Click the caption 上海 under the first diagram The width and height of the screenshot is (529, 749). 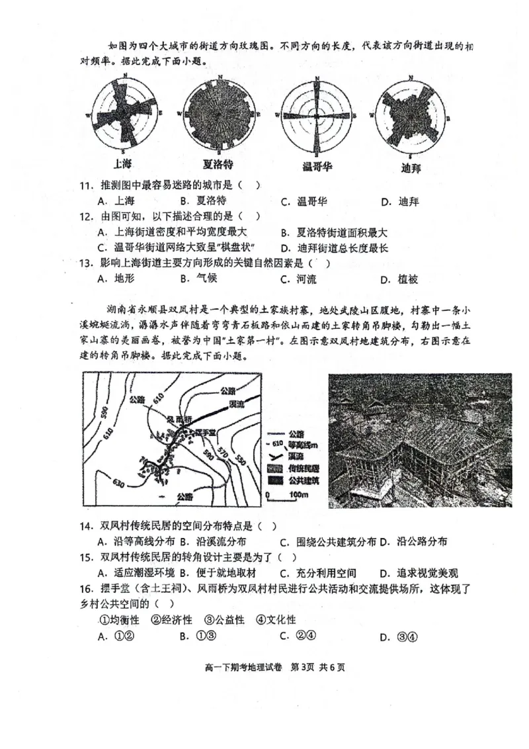pyautogui.click(x=124, y=163)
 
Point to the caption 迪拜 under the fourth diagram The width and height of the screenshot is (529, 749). pyautogui.click(x=411, y=167)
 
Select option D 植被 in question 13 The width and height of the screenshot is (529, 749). pyautogui.click(x=399, y=279)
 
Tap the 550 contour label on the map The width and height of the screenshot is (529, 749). pyautogui.click(x=240, y=460)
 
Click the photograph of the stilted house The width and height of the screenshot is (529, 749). pyautogui.click(x=420, y=440)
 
